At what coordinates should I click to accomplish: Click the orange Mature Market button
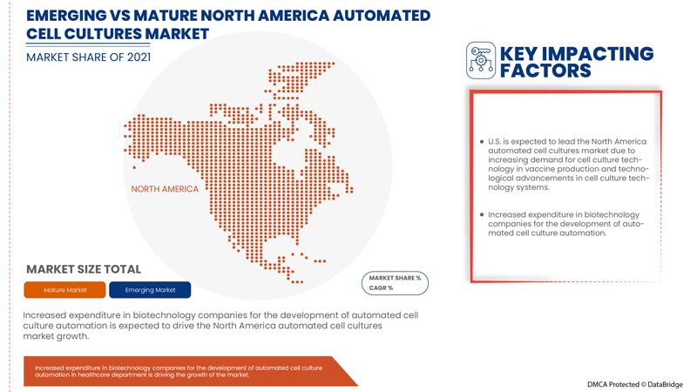coord(64,290)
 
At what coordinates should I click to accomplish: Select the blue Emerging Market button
coord(150,290)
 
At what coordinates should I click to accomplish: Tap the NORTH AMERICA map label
coord(165,189)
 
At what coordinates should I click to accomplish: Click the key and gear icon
coord(481,60)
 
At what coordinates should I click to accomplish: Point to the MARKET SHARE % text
coord(395,278)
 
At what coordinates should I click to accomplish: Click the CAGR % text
coord(381,288)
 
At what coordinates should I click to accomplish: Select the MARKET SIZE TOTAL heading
coord(84,269)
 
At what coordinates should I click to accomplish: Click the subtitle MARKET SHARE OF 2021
coord(89,57)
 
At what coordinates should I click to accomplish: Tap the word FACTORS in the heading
coord(545,71)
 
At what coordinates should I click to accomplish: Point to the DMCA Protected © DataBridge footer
coord(635,384)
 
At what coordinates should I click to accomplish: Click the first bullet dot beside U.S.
coord(482,142)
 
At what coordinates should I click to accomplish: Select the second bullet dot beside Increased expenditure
coord(482,214)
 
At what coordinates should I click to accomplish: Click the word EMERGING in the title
coord(66,16)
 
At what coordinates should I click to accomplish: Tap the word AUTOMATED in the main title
coord(382,16)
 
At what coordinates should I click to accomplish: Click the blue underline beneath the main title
coord(88,44)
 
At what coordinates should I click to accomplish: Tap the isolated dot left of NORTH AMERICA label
coord(134,167)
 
